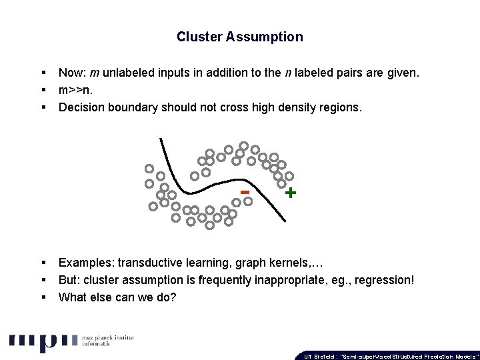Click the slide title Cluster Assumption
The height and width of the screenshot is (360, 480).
point(239,37)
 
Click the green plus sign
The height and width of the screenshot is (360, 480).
point(290,193)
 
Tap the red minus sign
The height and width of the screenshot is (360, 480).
point(245,192)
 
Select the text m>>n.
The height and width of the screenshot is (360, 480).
point(77,90)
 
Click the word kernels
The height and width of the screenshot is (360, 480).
point(288,263)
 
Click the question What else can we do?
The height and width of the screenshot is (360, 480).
point(117,297)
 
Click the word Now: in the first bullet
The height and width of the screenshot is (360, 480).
point(71,73)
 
